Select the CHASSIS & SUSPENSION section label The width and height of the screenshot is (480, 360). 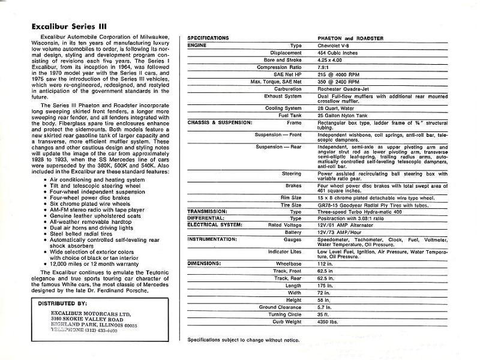(218, 121)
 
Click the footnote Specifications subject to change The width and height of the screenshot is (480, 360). (244, 340)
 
